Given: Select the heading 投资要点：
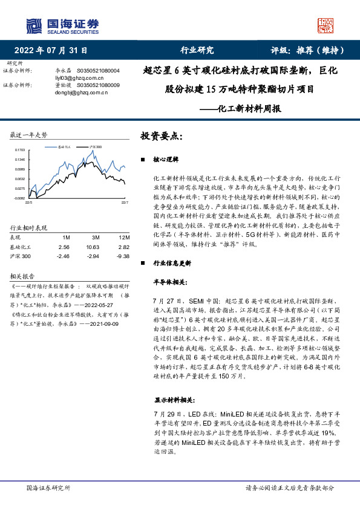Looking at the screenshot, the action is click(162, 136).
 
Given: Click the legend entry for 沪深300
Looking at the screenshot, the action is click(96, 147).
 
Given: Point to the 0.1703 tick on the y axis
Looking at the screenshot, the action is click(19, 150).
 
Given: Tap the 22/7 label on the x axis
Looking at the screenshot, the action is click(125, 204).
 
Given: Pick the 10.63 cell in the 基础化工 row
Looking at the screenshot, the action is click(93, 247).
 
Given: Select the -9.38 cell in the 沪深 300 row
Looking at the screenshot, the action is click(123, 256).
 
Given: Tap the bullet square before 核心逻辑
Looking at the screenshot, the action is click(142, 160).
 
